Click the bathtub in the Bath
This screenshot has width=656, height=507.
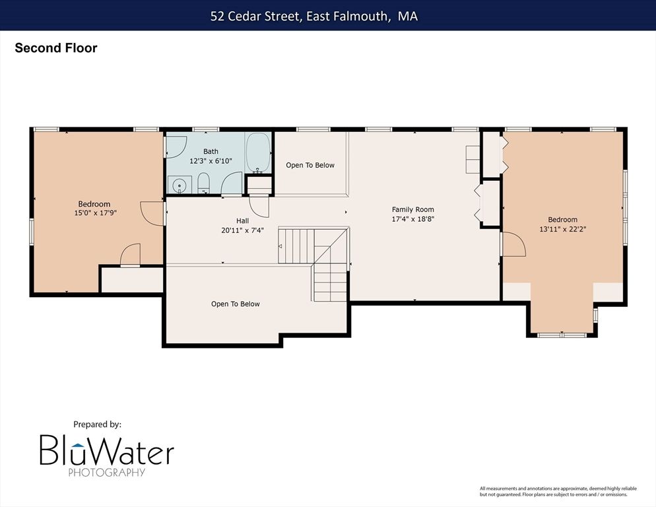click(258, 152)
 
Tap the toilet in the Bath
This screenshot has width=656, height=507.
click(203, 184)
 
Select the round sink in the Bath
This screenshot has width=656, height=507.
click(180, 185)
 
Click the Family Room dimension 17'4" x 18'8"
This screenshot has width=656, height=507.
click(413, 219)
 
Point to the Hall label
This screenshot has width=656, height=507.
click(242, 220)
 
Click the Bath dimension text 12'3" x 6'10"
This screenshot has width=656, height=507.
click(211, 161)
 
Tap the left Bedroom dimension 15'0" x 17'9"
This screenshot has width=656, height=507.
click(95, 213)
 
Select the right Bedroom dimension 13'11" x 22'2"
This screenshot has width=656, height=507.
click(563, 229)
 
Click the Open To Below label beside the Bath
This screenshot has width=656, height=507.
click(310, 165)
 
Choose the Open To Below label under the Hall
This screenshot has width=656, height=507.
click(235, 304)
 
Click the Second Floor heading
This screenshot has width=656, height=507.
click(56, 48)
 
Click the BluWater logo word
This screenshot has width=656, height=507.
click(107, 450)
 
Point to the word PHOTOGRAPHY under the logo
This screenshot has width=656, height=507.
click(107, 472)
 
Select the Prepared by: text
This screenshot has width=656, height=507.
click(97, 424)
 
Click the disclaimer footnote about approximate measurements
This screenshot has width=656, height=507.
click(558, 492)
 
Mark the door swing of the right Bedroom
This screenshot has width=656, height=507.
click(513, 244)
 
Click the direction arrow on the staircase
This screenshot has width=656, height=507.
click(280, 246)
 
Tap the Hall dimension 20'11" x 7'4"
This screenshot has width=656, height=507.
click(242, 230)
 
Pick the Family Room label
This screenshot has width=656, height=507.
click(413, 209)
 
